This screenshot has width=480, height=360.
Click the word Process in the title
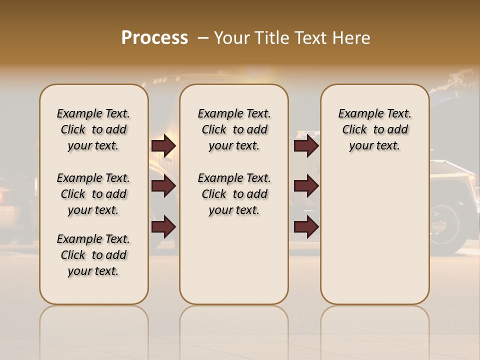point(154,38)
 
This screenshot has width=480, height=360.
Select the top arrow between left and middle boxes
point(163,146)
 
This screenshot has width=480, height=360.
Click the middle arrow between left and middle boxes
point(163,186)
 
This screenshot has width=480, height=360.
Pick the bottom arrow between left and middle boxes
point(163,227)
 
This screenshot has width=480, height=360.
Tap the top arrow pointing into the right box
point(306,146)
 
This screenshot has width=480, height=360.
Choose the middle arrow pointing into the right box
point(306,186)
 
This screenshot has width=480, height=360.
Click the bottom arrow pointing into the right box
point(306,227)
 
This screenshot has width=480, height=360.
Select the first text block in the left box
point(93,129)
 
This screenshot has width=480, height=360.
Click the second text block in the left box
point(93,194)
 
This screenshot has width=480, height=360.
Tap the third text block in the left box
point(93,255)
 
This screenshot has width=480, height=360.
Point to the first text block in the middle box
point(234,129)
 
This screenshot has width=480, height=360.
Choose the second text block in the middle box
point(234,194)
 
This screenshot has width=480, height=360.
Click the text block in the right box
point(375,129)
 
